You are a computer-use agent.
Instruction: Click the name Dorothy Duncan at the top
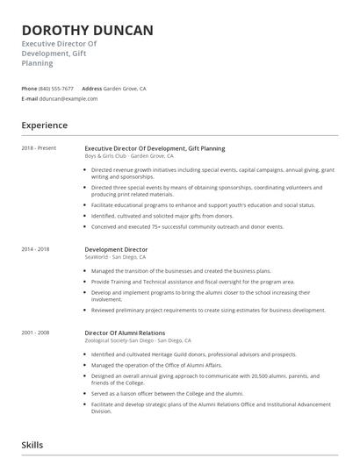[x=87, y=31]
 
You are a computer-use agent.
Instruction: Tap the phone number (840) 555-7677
[x=56, y=89]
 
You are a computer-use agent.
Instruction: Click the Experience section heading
[x=45, y=125]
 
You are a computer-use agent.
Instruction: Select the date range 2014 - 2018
[x=37, y=249]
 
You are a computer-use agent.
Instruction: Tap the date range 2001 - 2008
[x=37, y=333]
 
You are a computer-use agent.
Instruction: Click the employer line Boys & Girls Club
[x=128, y=156]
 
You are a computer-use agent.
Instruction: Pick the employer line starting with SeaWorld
[x=122, y=257]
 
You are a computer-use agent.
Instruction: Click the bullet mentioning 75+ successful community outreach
[x=187, y=226]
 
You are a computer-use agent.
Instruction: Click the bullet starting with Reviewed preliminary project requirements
[x=208, y=310]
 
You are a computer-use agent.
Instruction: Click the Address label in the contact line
[x=92, y=89]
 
